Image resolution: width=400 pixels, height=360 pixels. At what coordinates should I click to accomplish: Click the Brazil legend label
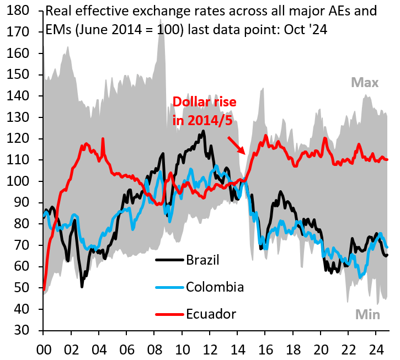202,260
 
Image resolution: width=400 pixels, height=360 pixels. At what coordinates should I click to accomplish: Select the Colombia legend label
215,287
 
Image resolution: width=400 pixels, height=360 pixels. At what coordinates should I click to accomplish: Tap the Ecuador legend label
211,314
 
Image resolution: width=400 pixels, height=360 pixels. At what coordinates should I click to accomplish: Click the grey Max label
365,83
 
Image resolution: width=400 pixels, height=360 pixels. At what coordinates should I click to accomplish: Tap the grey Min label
367,315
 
